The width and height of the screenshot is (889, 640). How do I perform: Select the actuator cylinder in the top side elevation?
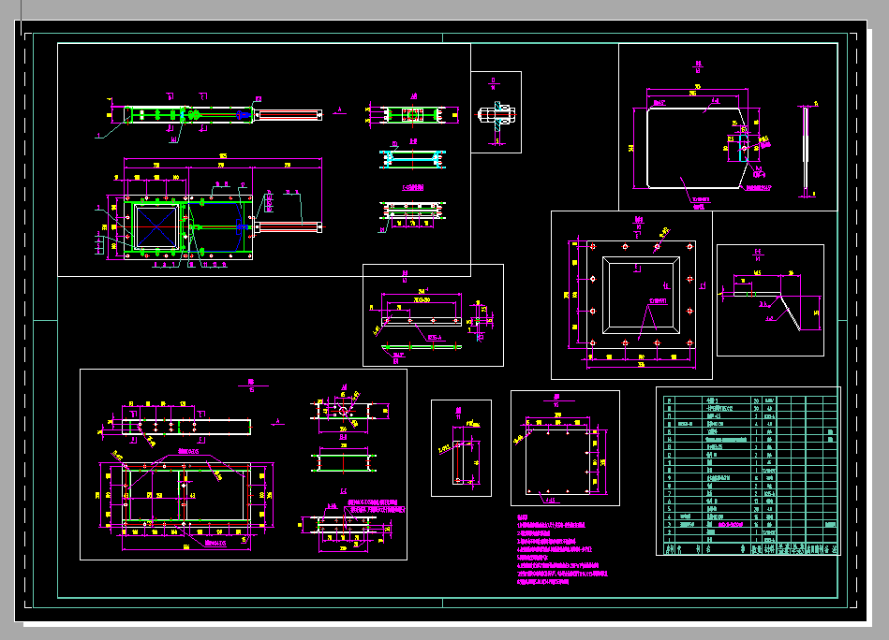click(x=289, y=114)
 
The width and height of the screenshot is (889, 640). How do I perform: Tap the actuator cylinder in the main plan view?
click(x=289, y=226)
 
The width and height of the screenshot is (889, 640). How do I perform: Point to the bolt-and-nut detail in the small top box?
click(x=496, y=117)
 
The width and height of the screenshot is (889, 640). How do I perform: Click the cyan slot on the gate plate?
click(x=743, y=148)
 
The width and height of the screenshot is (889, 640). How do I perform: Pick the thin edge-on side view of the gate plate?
click(x=805, y=150)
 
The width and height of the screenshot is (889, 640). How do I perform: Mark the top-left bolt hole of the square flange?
click(x=593, y=246)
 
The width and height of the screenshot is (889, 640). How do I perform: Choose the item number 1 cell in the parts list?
click(x=668, y=540)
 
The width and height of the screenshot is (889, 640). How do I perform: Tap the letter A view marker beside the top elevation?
click(x=340, y=109)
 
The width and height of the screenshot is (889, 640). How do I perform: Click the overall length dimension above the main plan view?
click(x=222, y=155)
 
